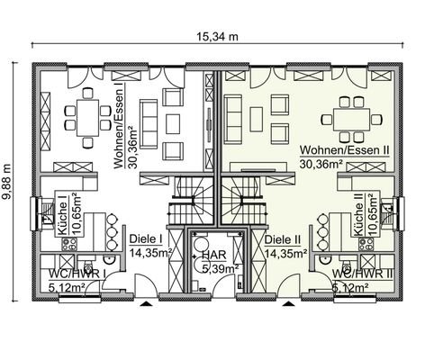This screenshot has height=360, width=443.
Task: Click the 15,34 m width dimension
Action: click(x=221, y=36)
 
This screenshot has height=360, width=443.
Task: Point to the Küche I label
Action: click(x=64, y=220)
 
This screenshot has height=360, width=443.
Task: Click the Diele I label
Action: click(x=145, y=240)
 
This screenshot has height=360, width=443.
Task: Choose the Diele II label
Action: click(x=284, y=240)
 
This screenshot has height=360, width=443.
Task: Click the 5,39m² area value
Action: click(x=219, y=267)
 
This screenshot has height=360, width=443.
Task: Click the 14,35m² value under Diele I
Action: click(x=147, y=253)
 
